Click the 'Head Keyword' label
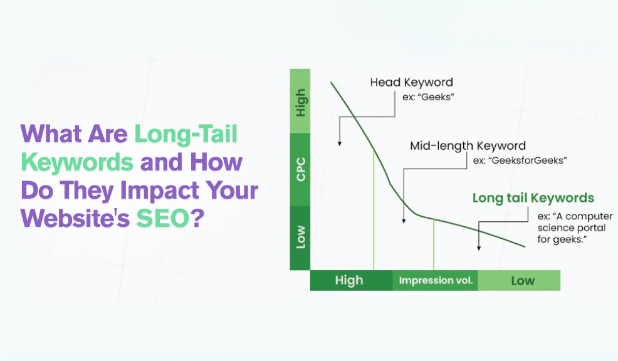[x=411, y=82]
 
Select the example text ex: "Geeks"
[x=429, y=97]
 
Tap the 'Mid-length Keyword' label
[x=468, y=146]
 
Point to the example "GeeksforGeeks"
[x=520, y=160]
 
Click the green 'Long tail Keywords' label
[x=533, y=198]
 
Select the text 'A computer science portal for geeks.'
[x=575, y=228]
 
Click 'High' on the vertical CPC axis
[x=300, y=102]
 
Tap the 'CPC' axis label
[x=301, y=169]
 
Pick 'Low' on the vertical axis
[x=301, y=236]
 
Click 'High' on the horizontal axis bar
[x=349, y=280]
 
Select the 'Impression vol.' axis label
[x=436, y=281]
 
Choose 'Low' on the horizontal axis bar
[x=523, y=281]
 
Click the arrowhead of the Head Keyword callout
[x=339, y=144]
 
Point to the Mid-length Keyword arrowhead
[x=404, y=221]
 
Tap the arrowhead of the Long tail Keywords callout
[x=479, y=248]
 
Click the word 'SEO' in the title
[x=163, y=218]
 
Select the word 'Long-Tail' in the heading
[x=186, y=134]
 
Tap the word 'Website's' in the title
[x=75, y=218]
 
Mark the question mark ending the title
[x=198, y=217]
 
